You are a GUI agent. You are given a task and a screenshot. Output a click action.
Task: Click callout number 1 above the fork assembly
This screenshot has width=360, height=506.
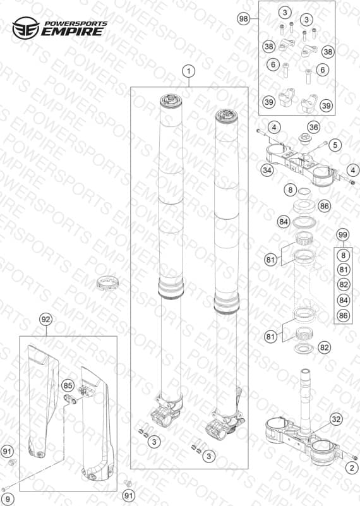point(189,71)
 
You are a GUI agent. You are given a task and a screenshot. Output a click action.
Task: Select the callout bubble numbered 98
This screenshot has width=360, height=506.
point(244,19)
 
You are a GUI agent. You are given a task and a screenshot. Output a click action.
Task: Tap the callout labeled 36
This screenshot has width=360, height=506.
point(313,127)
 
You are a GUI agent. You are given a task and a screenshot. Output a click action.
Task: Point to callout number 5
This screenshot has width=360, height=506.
point(335,145)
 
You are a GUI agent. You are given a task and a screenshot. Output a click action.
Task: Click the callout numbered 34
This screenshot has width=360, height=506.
point(267,170)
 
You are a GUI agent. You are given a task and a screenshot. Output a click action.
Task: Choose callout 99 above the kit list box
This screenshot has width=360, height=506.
point(343,235)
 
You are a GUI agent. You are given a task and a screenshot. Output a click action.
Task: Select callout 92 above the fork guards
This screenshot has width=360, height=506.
point(46,320)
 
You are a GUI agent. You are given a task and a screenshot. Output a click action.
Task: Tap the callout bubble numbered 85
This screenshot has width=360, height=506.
point(68,385)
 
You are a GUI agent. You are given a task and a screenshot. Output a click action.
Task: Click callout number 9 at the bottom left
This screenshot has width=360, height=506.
point(7,499)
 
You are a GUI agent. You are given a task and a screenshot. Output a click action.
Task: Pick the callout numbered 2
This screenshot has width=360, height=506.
point(352,468)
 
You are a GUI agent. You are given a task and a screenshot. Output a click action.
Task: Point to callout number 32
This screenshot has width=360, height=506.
point(336,419)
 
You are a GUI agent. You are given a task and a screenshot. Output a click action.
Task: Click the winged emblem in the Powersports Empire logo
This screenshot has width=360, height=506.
point(26,28)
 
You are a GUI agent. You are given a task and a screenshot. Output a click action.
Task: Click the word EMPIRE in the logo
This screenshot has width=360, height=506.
point(73,32)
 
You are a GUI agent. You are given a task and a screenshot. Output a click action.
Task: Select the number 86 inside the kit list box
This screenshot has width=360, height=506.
point(343,315)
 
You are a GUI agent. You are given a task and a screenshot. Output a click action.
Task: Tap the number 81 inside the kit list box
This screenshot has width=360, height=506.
point(343,270)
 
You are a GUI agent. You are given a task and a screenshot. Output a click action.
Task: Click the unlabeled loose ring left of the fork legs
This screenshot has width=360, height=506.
point(108,283)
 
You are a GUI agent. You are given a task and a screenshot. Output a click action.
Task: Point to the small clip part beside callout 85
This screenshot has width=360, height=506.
point(71,399)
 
